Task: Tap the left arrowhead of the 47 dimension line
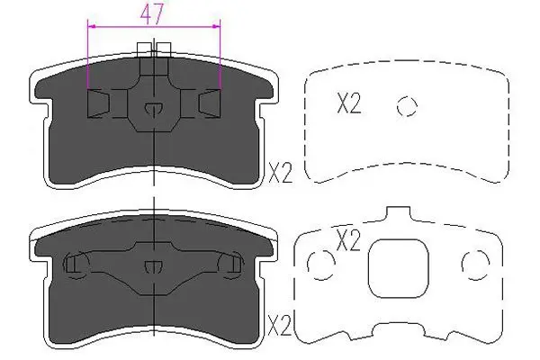pos(90,28)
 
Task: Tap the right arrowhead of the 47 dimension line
pos(219,28)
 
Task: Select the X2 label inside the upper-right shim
pos(348,105)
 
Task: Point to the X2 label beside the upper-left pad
pos(280,172)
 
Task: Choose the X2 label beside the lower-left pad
pos(280,322)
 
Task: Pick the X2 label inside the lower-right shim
pos(348,240)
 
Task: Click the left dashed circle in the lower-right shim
pos(319,264)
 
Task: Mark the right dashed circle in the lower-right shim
pos(473,264)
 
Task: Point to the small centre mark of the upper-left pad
pos(154,109)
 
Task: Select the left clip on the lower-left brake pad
pos(76,264)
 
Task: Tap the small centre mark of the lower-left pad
pos(154,265)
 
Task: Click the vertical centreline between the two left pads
pos(155,198)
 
